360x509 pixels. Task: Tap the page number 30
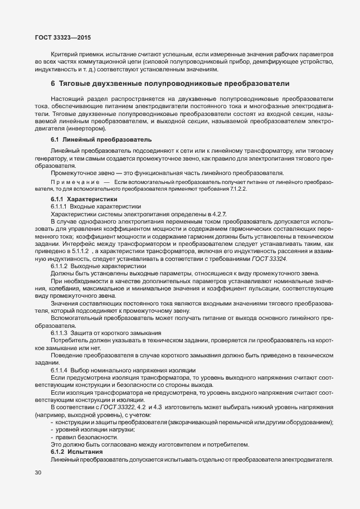click(37, 473)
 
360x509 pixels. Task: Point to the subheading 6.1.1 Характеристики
click(84, 198)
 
